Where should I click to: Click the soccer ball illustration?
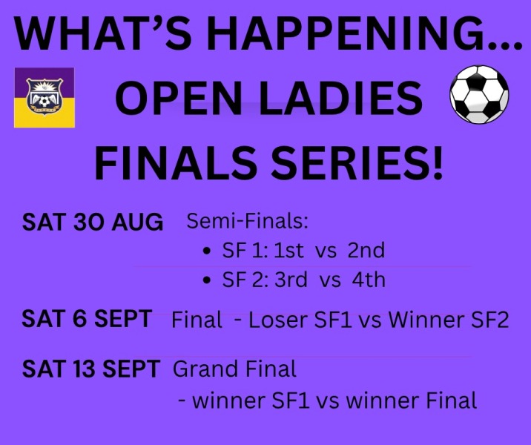[x=479, y=94]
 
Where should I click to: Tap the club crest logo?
[x=44, y=98]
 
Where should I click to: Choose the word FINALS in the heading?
[x=176, y=162]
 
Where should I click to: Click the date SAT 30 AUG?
[x=93, y=222]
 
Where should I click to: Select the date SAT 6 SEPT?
[x=87, y=319]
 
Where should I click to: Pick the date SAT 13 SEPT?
[x=91, y=369]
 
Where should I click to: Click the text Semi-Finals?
[x=247, y=221]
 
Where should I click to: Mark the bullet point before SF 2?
[x=207, y=281]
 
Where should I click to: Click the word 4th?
[x=369, y=280]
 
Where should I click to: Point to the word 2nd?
[x=366, y=250]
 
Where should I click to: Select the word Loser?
[x=277, y=320]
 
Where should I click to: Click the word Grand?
[x=205, y=369]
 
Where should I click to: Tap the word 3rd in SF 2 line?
[x=291, y=280]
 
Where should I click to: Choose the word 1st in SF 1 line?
[x=289, y=250]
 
